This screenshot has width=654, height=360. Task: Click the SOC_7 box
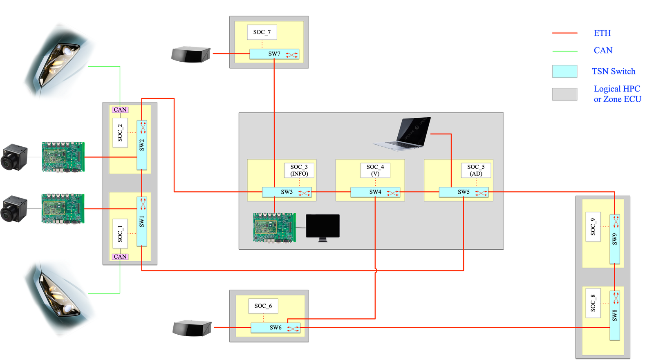[x=262, y=32]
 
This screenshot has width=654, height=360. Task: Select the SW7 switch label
[x=274, y=54]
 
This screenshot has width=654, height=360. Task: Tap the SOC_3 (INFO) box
[x=299, y=170]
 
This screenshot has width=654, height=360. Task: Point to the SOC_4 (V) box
[x=375, y=170]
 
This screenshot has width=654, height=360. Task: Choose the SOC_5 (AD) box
[x=476, y=170]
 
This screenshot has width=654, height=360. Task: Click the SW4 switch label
[x=375, y=192]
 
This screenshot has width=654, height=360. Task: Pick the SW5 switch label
[x=464, y=192]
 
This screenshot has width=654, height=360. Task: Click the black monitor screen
[x=323, y=226]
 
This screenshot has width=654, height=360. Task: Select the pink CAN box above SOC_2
[x=120, y=110]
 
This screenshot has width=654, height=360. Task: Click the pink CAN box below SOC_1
[x=120, y=257]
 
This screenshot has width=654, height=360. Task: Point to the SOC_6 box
[x=263, y=306]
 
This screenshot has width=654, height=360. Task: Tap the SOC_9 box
[x=593, y=226]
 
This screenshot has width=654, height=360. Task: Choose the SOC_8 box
[x=593, y=303]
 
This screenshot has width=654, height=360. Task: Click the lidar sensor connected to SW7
[x=191, y=54]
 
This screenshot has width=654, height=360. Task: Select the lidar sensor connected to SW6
[x=192, y=328]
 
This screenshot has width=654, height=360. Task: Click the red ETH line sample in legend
[x=564, y=33]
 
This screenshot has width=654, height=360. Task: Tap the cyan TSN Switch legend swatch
[x=564, y=71]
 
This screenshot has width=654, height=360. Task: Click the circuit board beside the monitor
[x=274, y=228]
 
